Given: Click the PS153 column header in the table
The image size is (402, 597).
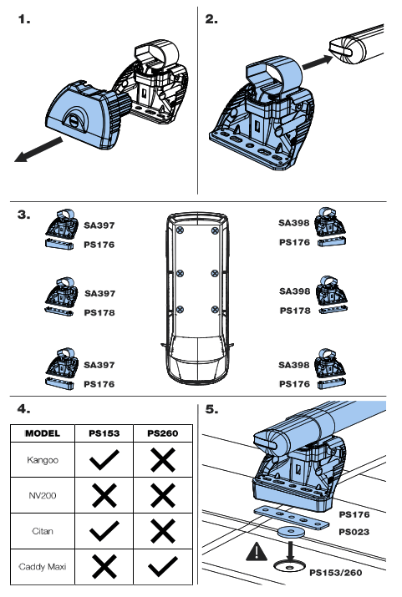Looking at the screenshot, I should pyautogui.click(x=104, y=434).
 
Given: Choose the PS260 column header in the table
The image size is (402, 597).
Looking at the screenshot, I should pyautogui.click(x=162, y=434).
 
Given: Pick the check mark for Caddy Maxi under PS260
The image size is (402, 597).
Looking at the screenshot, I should pyautogui.click(x=162, y=566).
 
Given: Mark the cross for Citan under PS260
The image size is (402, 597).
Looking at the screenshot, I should pyautogui.click(x=162, y=530).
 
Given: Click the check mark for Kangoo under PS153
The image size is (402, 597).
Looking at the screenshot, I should pyautogui.click(x=104, y=460).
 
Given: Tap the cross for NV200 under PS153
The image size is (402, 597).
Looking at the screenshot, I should pyautogui.click(x=104, y=495).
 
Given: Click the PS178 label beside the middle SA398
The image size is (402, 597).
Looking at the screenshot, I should pyautogui.click(x=294, y=310).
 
